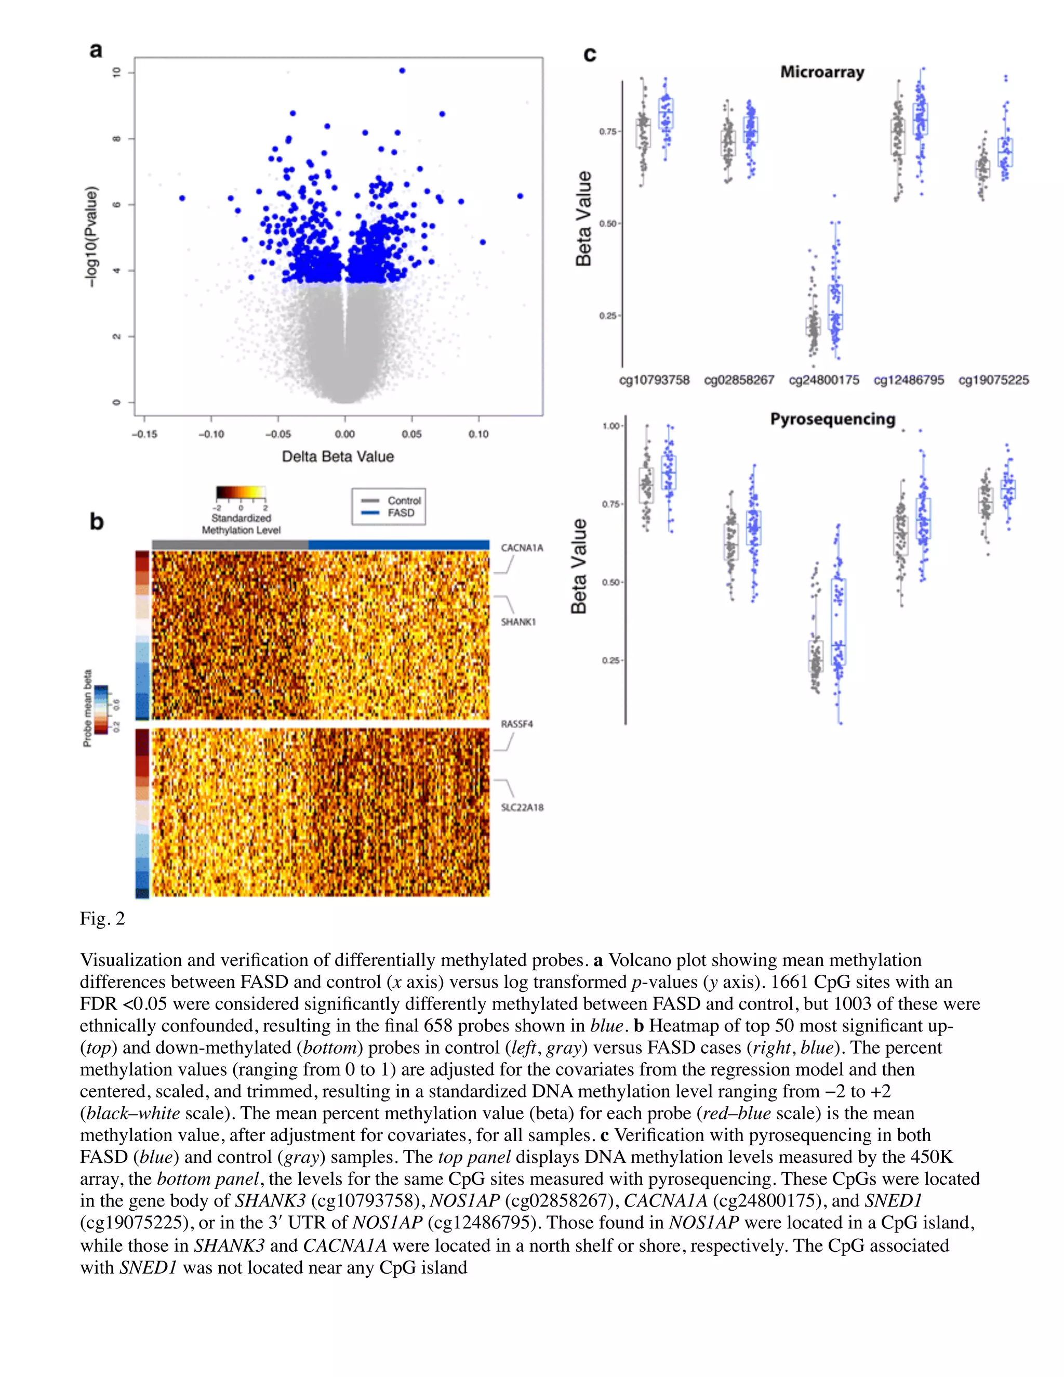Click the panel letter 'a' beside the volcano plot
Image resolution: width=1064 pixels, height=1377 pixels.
point(96,50)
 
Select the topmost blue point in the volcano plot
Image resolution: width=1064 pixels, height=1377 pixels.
point(402,71)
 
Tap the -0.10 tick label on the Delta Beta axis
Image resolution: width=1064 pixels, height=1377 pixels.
point(211,434)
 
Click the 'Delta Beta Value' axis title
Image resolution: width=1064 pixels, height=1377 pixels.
point(338,456)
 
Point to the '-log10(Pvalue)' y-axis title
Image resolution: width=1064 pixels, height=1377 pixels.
point(92,236)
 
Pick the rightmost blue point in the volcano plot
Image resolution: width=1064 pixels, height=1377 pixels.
point(520,196)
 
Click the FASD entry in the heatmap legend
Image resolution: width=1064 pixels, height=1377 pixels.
point(401,512)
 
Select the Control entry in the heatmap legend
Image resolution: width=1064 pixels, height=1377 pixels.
point(403,500)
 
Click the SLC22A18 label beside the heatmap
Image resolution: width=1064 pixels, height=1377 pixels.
point(522,807)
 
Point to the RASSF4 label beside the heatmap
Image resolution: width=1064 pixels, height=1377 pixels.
point(517,724)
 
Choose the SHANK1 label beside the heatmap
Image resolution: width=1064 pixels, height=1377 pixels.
point(518,621)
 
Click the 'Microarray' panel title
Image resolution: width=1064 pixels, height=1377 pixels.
point(822,72)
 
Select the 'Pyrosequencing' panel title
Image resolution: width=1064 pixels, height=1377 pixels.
point(832,419)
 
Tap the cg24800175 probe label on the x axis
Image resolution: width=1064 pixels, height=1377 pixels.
point(824,380)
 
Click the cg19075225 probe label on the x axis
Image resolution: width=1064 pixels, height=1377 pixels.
point(993,380)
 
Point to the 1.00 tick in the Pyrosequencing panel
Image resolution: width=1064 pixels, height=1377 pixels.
point(611,426)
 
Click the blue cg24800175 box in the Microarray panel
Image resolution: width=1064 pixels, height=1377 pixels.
point(835,307)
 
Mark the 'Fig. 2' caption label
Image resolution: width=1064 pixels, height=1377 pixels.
point(102,919)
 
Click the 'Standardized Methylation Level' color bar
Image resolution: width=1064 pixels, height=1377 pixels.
point(240,493)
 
